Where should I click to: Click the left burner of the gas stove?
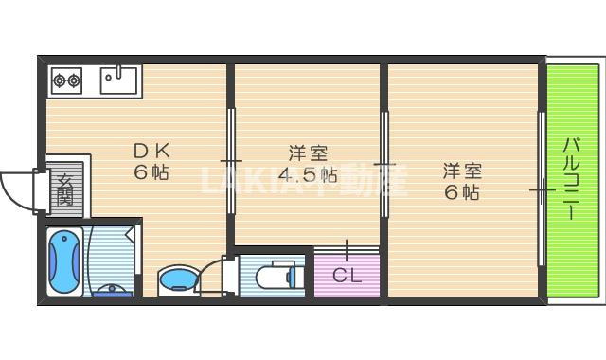pos(58,81)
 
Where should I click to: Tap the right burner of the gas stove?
pos(74,81)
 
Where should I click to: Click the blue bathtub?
pos(64,261)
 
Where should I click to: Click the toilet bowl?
pos(276,273)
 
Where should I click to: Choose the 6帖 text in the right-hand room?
pos(464,193)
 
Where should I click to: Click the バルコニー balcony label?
pos(572,179)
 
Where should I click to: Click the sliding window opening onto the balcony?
pos(542,189)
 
